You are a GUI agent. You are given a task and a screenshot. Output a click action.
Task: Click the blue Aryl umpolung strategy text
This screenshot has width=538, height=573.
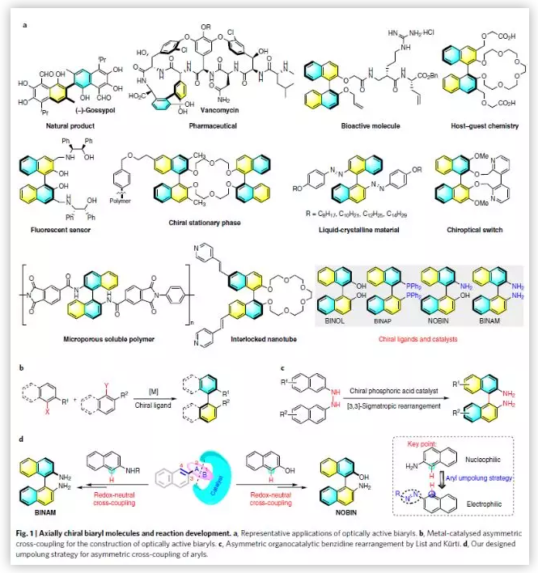483,479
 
